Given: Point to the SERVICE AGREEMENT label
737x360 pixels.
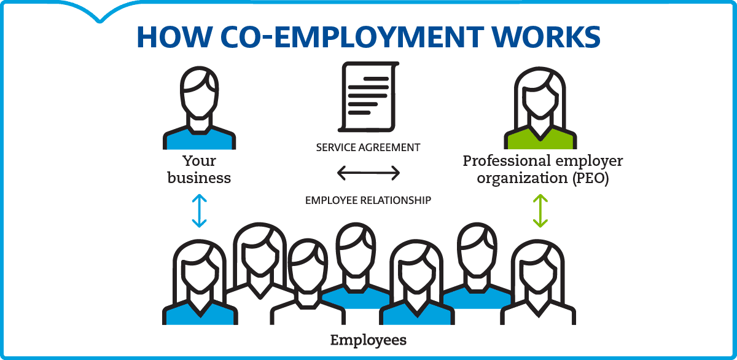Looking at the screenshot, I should point(368,147).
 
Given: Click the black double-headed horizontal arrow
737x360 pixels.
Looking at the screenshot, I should point(368,173).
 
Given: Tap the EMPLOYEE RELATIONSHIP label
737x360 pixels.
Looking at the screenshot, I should point(368,200).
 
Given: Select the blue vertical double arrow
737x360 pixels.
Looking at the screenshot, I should point(199,211).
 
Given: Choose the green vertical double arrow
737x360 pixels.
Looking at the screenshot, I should point(540,211).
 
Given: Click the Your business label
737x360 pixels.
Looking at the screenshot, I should point(199,170).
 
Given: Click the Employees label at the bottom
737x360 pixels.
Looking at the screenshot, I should point(368,340).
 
